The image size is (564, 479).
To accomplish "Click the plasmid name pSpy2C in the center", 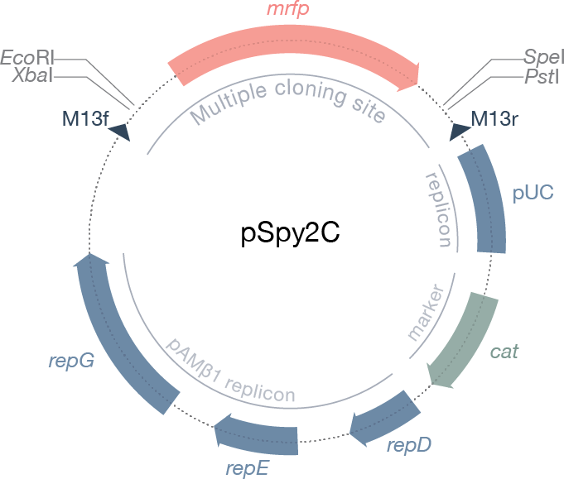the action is click(290, 233).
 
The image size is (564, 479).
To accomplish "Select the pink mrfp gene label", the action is click(287, 8).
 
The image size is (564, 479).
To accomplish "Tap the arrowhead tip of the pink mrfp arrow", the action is click(418, 84).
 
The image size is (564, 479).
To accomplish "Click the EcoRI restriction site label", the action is click(27, 57).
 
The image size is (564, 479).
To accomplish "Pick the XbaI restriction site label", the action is click(32, 76).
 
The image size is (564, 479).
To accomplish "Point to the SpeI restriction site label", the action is click(542, 57).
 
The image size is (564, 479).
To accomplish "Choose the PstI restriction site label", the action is click(542, 77).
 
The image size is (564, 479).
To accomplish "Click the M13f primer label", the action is click(85, 118).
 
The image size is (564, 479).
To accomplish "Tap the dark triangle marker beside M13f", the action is click(120, 132).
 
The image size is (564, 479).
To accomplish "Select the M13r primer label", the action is click(494, 118).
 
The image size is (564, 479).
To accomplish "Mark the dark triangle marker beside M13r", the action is click(460, 132).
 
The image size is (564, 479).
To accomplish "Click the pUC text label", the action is click(533, 193).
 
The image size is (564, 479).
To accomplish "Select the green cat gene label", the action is click(504, 352).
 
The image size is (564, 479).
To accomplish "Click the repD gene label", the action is click(409, 446).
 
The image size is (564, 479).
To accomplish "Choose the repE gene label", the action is click(247, 469).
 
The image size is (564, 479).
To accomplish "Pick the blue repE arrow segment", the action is click(257, 434).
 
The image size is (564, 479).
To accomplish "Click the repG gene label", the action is click(71, 361).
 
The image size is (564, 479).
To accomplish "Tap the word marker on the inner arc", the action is click(425, 312).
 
